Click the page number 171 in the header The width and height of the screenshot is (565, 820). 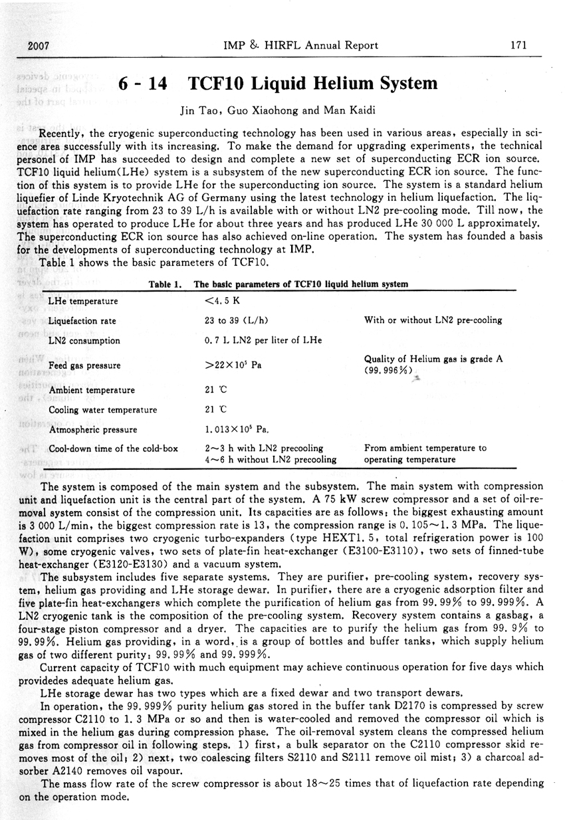(x=518, y=45)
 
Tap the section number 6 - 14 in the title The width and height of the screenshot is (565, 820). (x=142, y=84)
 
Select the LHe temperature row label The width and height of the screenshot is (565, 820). (x=84, y=301)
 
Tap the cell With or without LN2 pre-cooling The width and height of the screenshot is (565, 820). (x=433, y=320)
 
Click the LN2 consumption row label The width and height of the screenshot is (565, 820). (x=84, y=341)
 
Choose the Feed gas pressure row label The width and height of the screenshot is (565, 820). (x=85, y=365)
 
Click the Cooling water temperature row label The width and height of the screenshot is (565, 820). (x=103, y=409)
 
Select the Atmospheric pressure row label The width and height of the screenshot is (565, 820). (x=93, y=429)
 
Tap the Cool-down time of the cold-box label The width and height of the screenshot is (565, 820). (x=114, y=449)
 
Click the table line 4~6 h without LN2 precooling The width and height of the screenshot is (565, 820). (x=271, y=459)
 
